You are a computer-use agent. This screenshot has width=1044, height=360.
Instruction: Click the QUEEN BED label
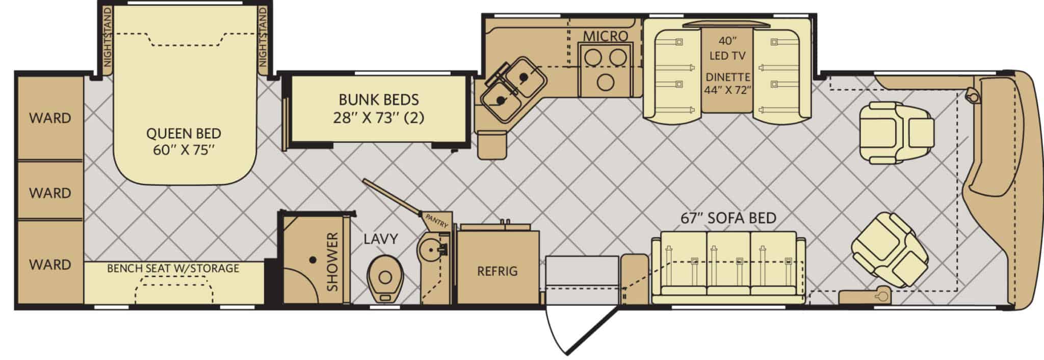click(x=184, y=141)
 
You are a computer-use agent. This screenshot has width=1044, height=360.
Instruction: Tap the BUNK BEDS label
click(x=379, y=108)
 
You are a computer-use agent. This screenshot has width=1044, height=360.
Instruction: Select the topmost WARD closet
click(x=50, y=118)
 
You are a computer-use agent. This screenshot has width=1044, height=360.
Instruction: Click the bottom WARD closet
click(x=50, y=264)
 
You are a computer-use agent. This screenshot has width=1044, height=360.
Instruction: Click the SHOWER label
click(x=332, y=262)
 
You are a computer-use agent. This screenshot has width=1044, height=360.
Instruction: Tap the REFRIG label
click(x=497, y=271)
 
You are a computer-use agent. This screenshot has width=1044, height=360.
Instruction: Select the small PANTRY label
click(x=436, y=220)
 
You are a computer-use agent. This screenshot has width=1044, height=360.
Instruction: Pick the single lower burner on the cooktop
click(x=605, y=82)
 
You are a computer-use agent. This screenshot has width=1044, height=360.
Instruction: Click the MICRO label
click(x=605, y=36)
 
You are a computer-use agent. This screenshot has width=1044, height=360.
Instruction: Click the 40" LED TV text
click(x=727, y=48)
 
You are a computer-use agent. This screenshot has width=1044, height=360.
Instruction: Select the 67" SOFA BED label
click(x=728, y=218)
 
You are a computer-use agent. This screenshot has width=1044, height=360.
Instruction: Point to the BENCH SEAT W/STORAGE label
click(x=173, y=268)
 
